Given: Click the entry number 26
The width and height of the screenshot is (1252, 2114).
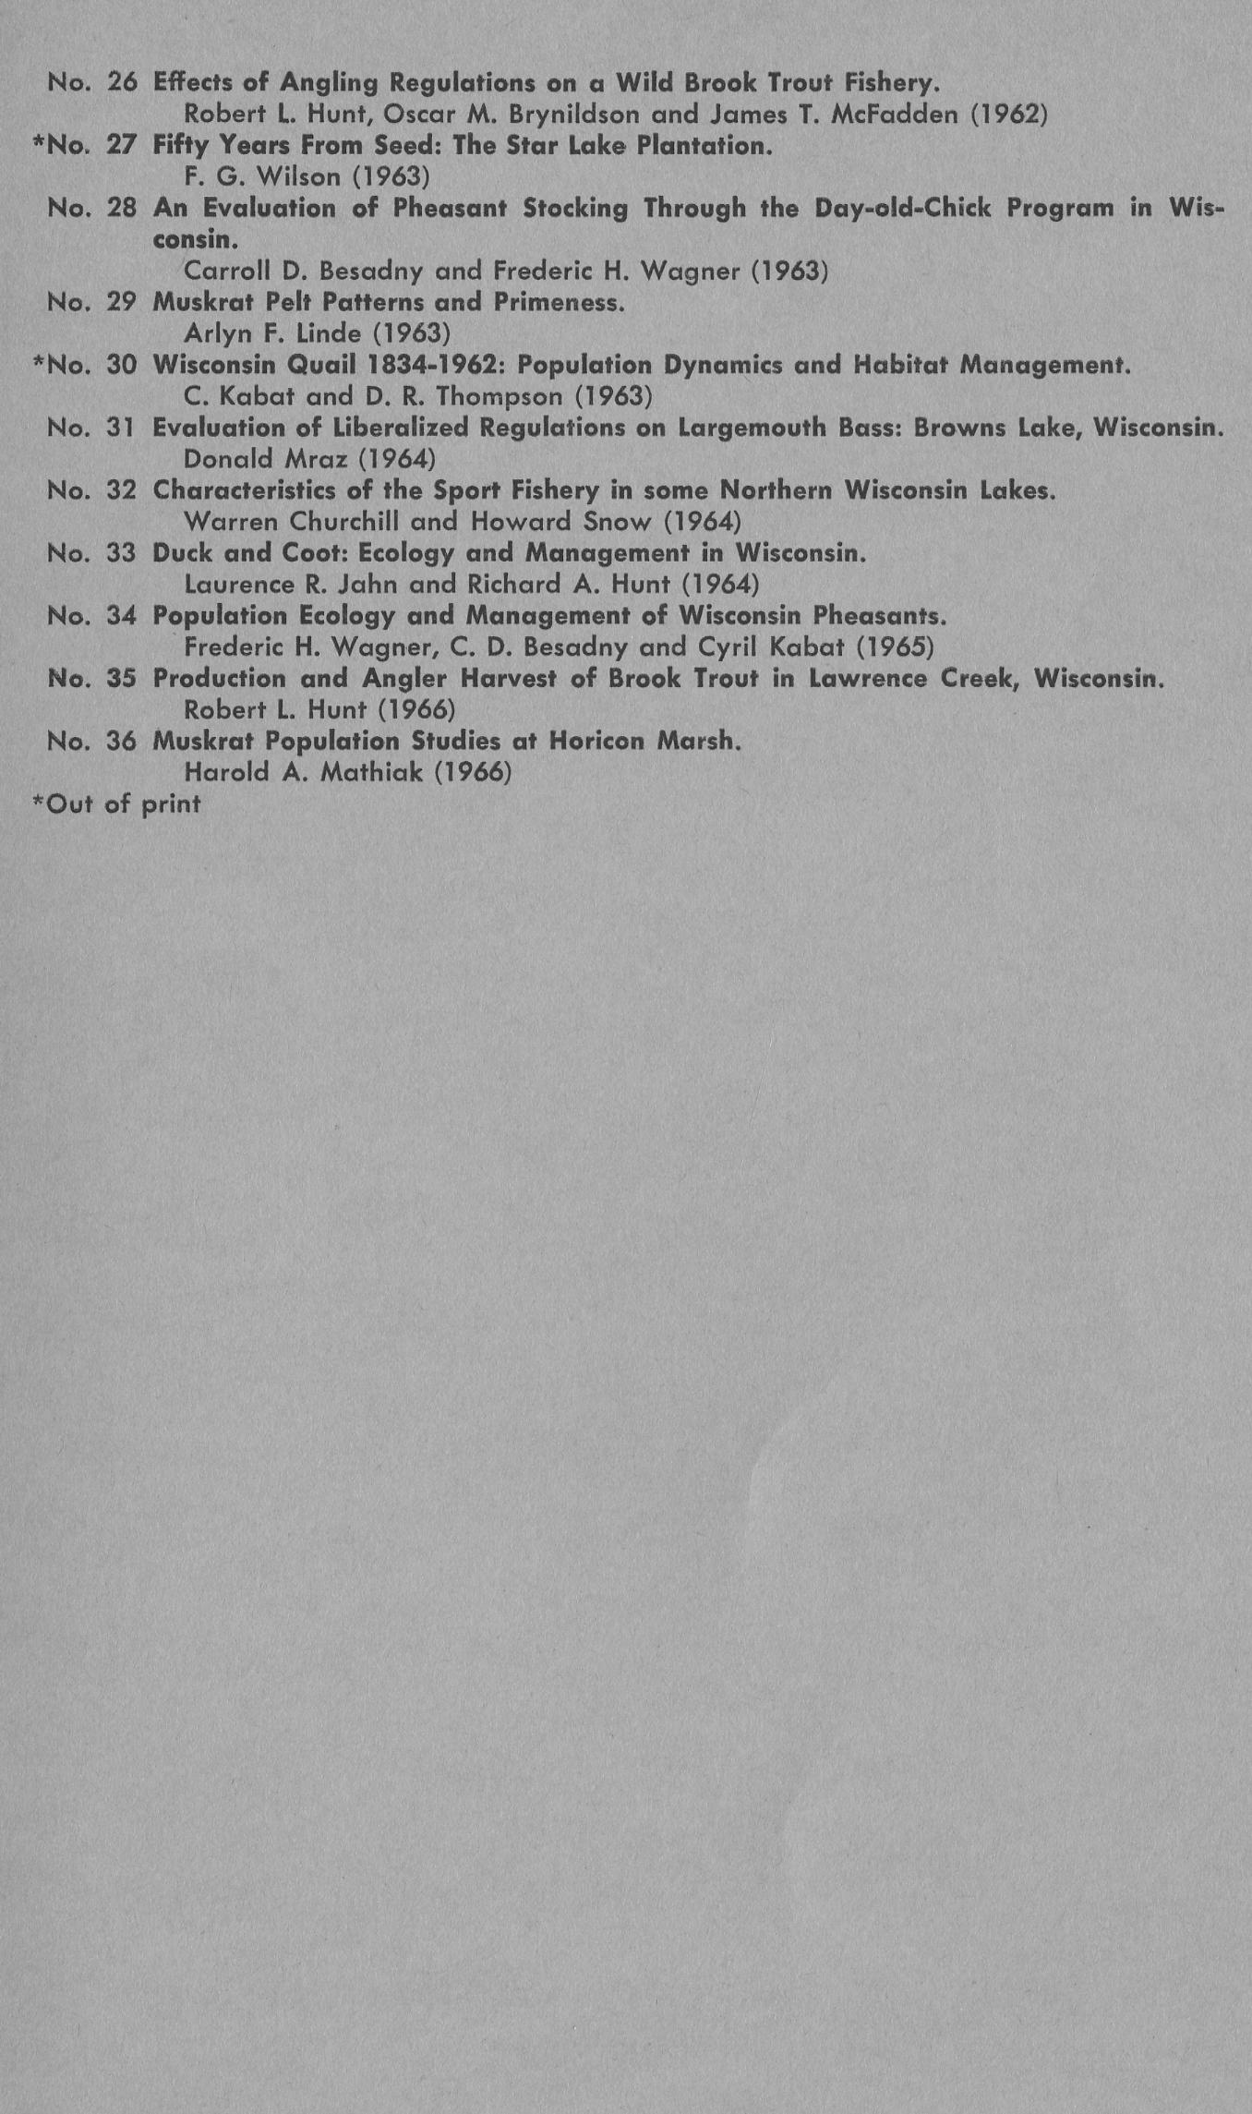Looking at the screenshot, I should coord(122,83).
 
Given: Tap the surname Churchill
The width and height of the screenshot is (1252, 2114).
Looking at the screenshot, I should coord(344,522).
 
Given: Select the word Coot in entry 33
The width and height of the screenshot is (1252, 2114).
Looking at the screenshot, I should coord(319,553).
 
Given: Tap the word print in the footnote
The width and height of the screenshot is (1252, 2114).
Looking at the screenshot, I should coord(171,804).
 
